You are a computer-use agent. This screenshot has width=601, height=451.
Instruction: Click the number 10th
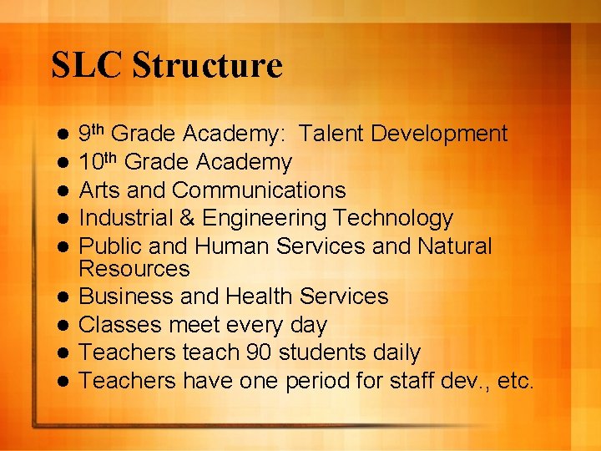pos(99,162)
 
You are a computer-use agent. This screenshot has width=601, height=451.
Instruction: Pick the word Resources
pos(134,269)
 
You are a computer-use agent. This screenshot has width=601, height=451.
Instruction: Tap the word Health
pos(260,296)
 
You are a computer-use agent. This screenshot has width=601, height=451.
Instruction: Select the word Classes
pos(122,325)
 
